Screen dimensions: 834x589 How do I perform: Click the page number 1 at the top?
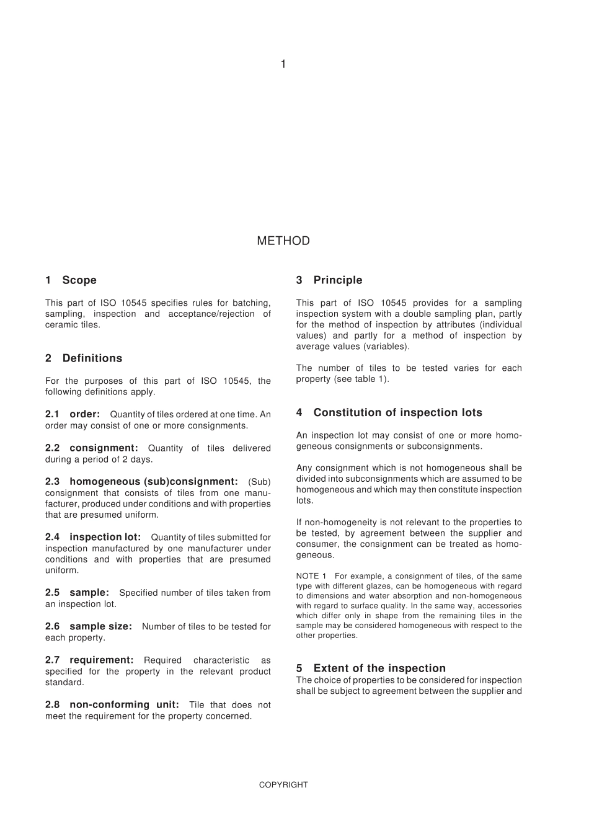pos(283,64)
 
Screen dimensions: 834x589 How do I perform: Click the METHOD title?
pos(283,241)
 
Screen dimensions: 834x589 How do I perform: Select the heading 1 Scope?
pos(71,280)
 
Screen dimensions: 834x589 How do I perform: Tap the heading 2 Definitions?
pos(84,358)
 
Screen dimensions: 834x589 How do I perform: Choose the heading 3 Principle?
pos(329,280)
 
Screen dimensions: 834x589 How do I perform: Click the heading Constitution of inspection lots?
pos(397,413)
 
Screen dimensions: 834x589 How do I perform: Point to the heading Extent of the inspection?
pos(379,668)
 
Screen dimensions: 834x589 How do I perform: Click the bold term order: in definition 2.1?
pos(84,414)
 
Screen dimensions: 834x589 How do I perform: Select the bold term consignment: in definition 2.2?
pos(104,448)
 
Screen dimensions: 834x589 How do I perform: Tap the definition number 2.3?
pos(52,482)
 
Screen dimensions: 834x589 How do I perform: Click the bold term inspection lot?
pos(105,538)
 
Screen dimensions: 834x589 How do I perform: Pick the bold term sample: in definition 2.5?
pos(89,593)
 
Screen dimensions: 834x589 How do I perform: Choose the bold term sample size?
pos(100,627)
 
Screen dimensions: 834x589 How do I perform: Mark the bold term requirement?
pos(102,660)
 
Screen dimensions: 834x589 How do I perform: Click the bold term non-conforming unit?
pos(124,705)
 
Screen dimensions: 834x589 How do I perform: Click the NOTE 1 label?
pos(311,577)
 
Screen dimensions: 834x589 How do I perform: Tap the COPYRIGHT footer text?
pos(283,785)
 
